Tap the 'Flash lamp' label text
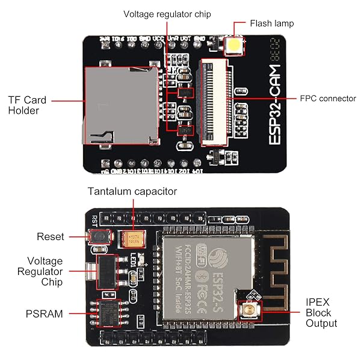pos(272,24)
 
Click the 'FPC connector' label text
pos(328,98)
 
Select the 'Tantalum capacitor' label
pos(132,191)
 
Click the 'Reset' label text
pos(50,236)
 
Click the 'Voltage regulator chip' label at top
pos(167,14)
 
